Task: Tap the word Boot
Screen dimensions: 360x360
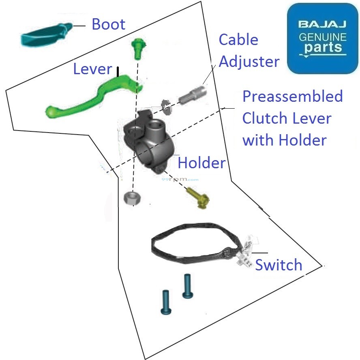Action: tap(108, 24)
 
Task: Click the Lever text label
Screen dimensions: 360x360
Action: tap(92, 69)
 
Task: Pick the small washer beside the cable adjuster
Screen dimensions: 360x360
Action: tap(166, 105)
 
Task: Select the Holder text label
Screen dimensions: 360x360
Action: tap(201, 163)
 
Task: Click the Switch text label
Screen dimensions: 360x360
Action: tap(279, 265)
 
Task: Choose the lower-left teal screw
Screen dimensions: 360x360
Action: tap(166, 302)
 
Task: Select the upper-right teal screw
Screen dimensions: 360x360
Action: tap(187, 286)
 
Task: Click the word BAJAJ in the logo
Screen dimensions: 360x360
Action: tap(322, 25)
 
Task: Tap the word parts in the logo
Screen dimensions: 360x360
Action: tap(323, 48)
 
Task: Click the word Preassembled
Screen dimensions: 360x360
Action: tap(292, 97)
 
